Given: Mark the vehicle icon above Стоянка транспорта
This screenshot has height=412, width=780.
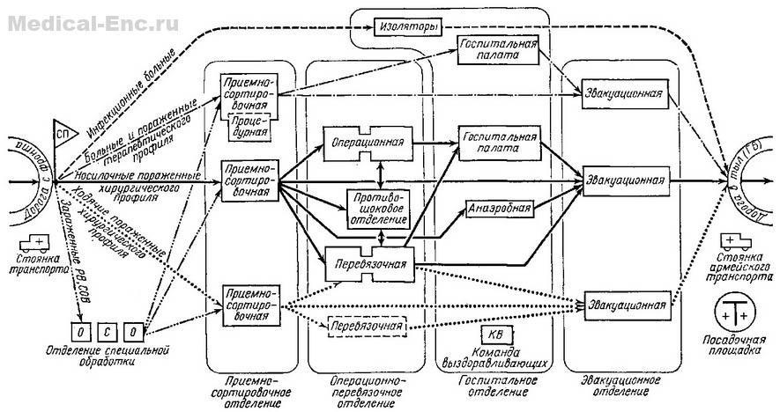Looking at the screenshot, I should [34, 240].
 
